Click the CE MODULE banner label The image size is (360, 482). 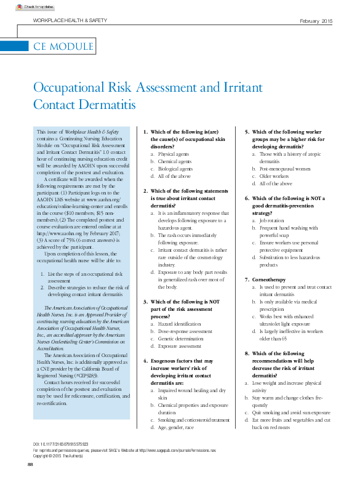tap(63, 46)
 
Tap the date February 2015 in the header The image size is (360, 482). tap(316, 22)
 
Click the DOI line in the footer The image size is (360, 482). tap(60, 444)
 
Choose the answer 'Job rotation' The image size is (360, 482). tap(272, 220)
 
